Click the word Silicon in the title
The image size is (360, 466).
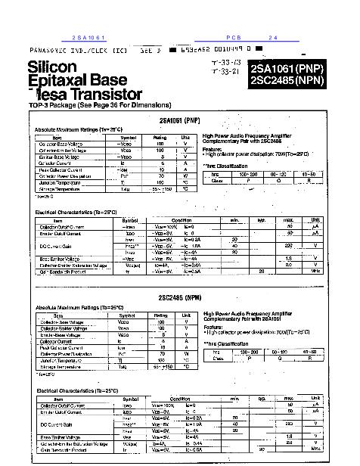pos(52,67)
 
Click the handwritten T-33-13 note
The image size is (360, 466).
pos(226,61)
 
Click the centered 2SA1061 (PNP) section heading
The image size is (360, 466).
pos(180,120)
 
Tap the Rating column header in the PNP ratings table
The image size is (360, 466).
pos(160,137)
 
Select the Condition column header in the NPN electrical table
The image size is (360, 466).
pos(180,398)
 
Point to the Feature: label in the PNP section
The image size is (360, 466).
pos(213,149)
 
